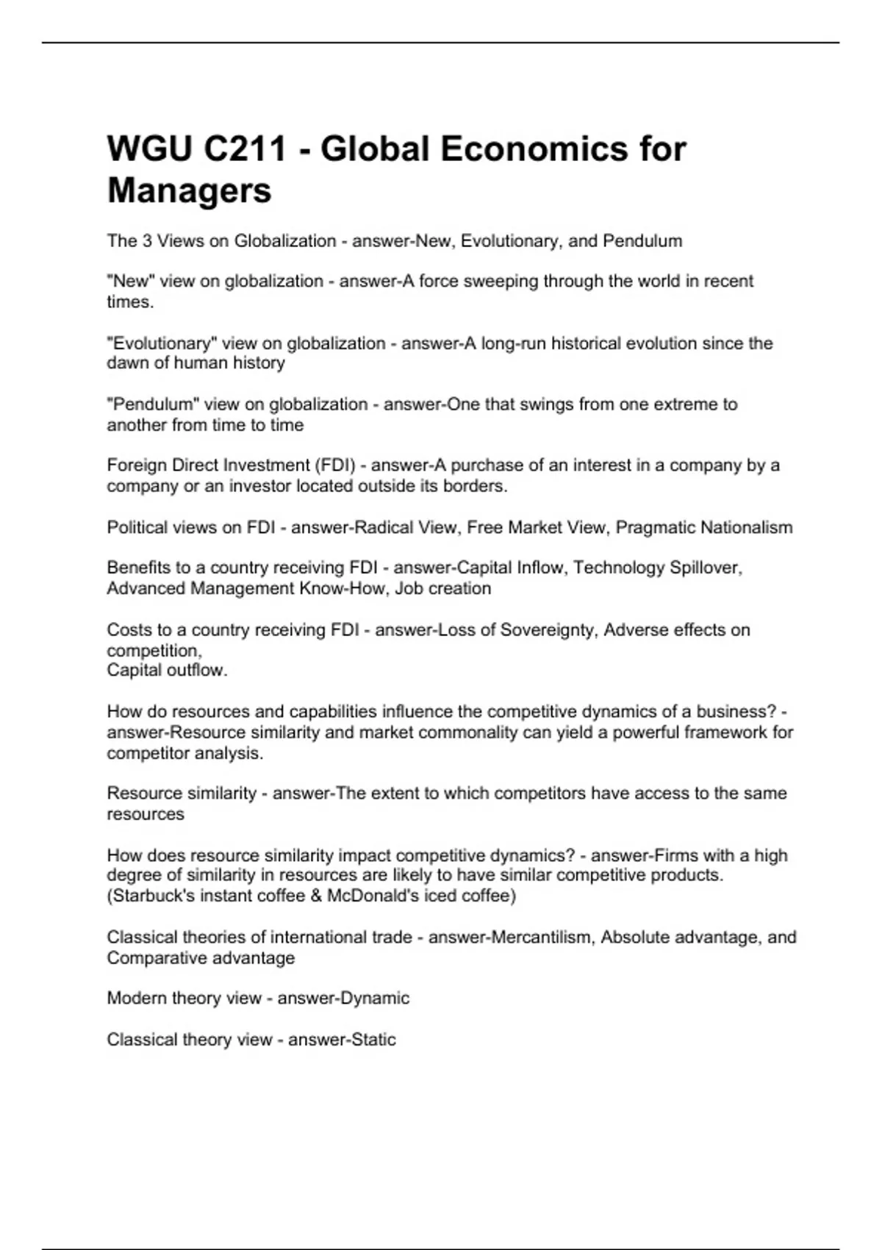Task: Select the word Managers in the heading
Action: [190, 190]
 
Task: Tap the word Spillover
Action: [706, 568]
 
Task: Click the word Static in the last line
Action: [372, 1040]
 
